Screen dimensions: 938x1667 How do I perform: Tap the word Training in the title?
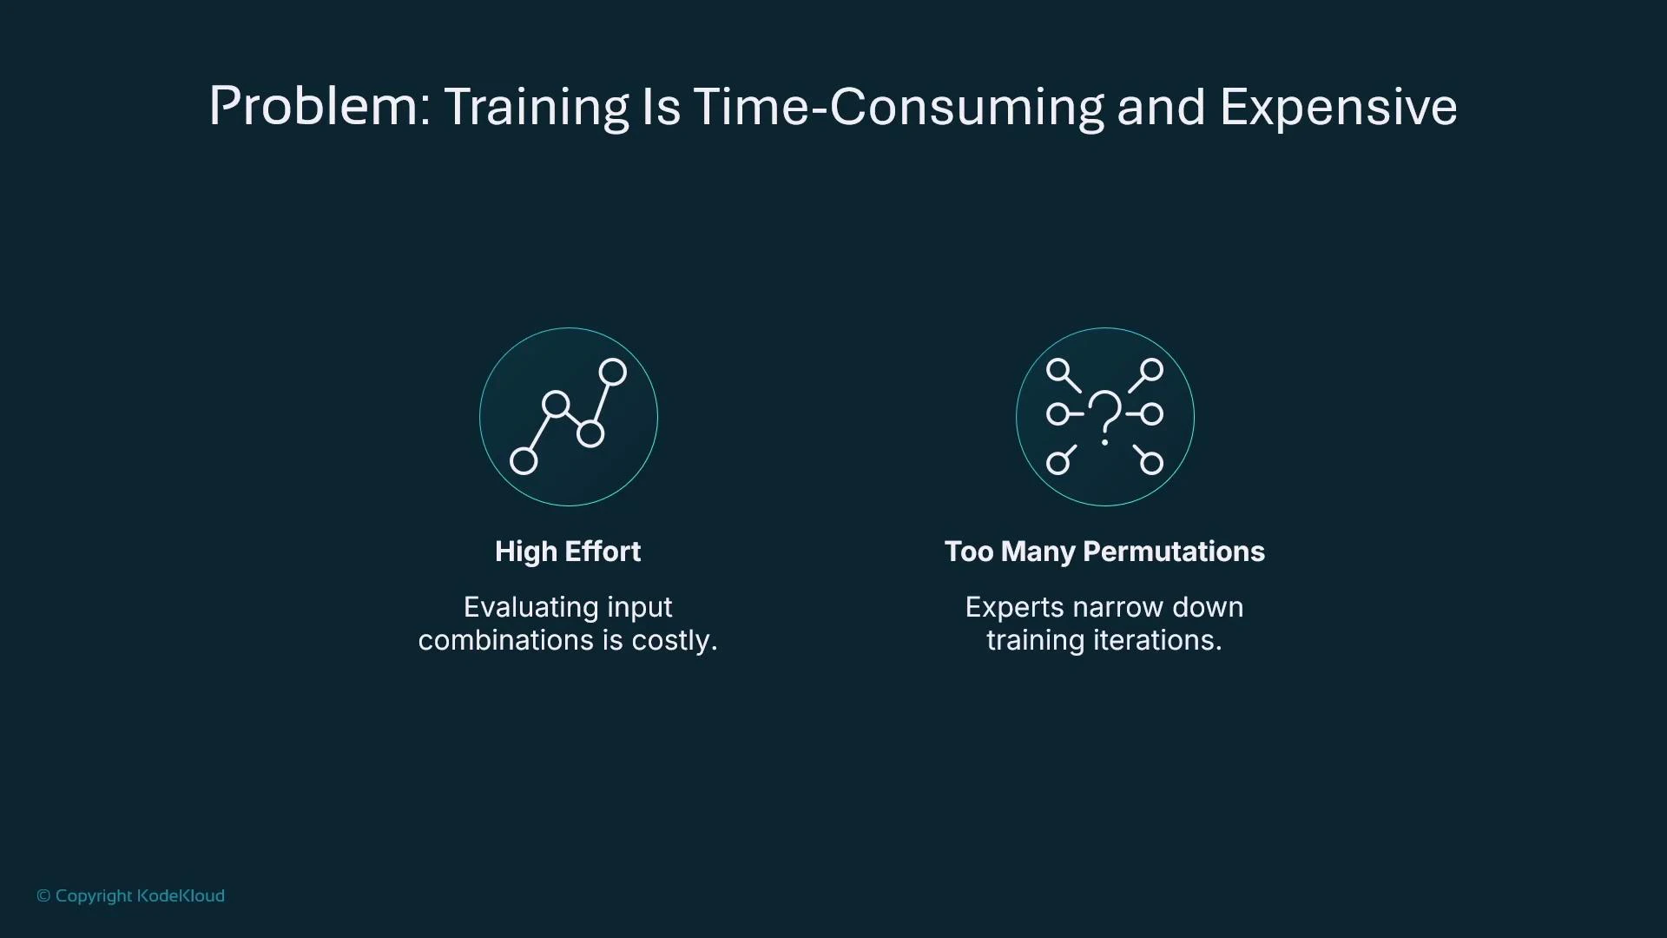pyautogui.click(x=536, y=107)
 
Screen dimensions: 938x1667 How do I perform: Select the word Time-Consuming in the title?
pyautogui.click(x=899, y=107)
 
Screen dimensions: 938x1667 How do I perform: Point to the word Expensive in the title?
pyautogui.click(x=1338, y=107)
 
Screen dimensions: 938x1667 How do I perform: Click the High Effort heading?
pyautogui.click(x=568, y=552)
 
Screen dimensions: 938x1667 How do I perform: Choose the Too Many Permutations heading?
pyautogui.click(x=1104, y=552)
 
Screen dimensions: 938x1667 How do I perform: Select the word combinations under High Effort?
pyautogui.click(x=506, y=640)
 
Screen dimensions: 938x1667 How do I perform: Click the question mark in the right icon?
pyautogui.click(x=1104, y=416)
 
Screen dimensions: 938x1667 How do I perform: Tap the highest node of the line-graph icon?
pyautogui.click(x=613, y=372)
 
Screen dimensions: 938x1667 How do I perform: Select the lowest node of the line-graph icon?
pyautogui.click(x=524, y=461)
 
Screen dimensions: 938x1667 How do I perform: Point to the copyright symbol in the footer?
pyautogui.click(x=43, y=895)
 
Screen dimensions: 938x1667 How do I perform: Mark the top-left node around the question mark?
pyautogui.click(x=1058, y=371)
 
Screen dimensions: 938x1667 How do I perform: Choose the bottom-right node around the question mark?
pyautogui.click(x=1151, y=463)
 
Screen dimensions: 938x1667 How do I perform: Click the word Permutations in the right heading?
pyautogui.click(x=1174, y=552)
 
